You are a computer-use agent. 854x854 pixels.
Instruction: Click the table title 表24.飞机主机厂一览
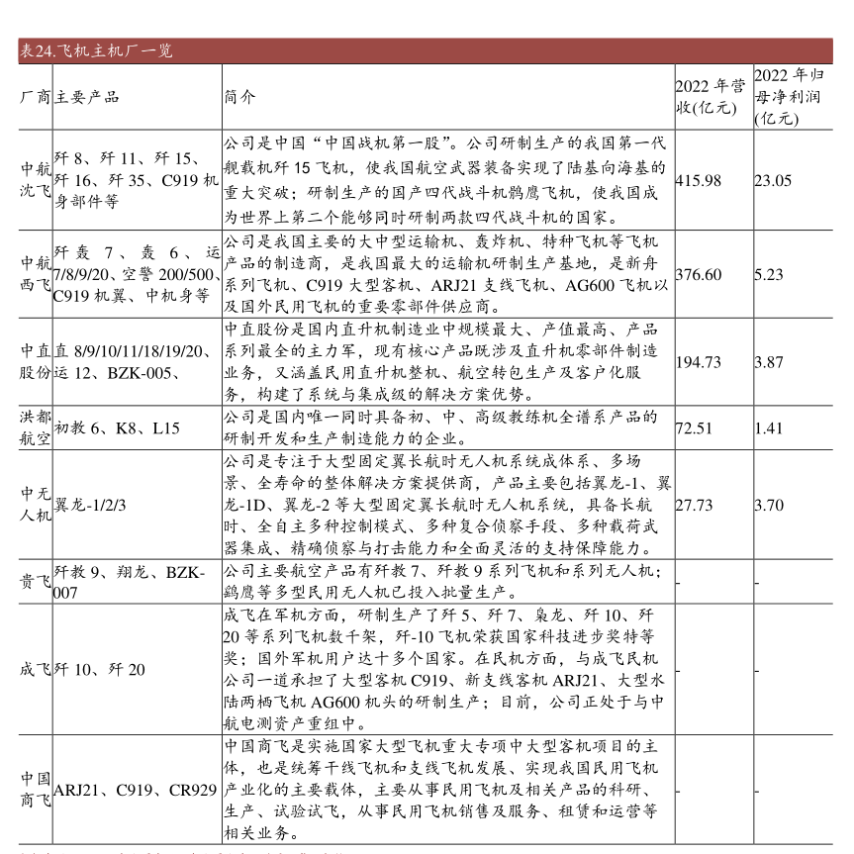96,51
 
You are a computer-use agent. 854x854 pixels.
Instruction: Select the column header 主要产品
86,96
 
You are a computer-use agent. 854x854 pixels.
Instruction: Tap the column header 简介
238,96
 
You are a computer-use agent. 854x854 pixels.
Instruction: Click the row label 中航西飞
37,273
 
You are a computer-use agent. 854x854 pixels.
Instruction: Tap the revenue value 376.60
698,274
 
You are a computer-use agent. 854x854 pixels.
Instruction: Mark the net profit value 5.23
769,274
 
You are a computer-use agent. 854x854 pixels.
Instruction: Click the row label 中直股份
37,361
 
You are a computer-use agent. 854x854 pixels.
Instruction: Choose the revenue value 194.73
698,362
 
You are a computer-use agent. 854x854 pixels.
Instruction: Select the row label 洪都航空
37,427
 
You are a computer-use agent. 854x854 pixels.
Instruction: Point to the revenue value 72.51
694,428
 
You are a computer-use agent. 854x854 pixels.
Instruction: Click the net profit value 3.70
769,505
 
